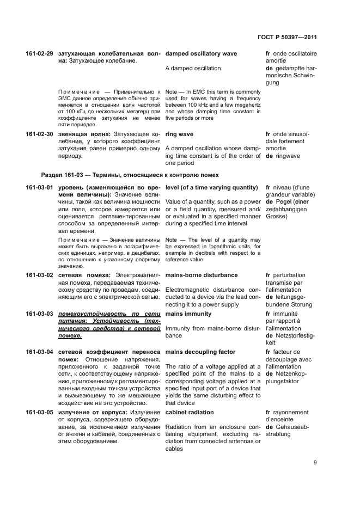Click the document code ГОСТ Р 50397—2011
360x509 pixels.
point(287,38)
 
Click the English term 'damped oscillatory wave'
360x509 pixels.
point(200,54)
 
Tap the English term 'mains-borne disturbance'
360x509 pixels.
point(201,275)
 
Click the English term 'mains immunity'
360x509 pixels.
point(188,314)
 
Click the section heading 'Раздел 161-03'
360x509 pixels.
point(130,175)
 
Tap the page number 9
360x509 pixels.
point(315,463)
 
